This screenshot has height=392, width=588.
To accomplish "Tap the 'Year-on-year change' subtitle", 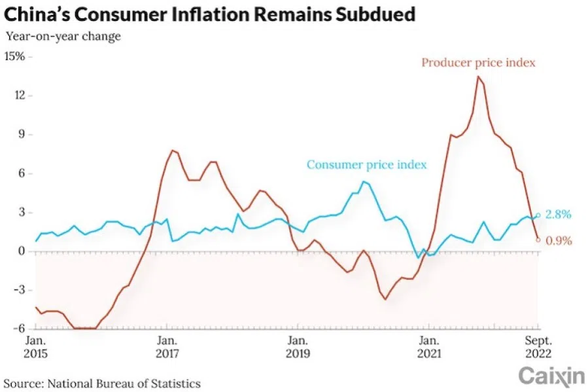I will click(x=63, y=37).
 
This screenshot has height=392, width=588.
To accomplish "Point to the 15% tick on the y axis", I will click(x=15, y=57).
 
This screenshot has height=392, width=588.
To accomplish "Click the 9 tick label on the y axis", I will click(x=21, y=135).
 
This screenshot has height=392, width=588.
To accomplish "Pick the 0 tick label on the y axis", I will click(x=21, y=251).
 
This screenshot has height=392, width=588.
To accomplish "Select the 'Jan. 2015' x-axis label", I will click(x=36, y=347).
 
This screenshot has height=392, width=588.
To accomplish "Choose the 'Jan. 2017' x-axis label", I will click(x=167, y=347).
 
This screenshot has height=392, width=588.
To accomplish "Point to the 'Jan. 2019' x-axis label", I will click(x=298, y=347).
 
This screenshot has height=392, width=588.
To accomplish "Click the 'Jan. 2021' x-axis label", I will click(x=428, y=347).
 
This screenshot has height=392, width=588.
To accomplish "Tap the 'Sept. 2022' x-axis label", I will click(x=540, y=347).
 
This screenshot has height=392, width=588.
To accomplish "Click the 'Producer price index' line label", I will click(x=478, y=63).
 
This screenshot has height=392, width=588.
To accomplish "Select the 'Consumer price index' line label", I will click(x=366, y=164).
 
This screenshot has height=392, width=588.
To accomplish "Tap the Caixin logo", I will click(x=551, y=376).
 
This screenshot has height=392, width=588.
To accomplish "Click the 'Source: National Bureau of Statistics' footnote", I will click(x=103, y=383).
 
